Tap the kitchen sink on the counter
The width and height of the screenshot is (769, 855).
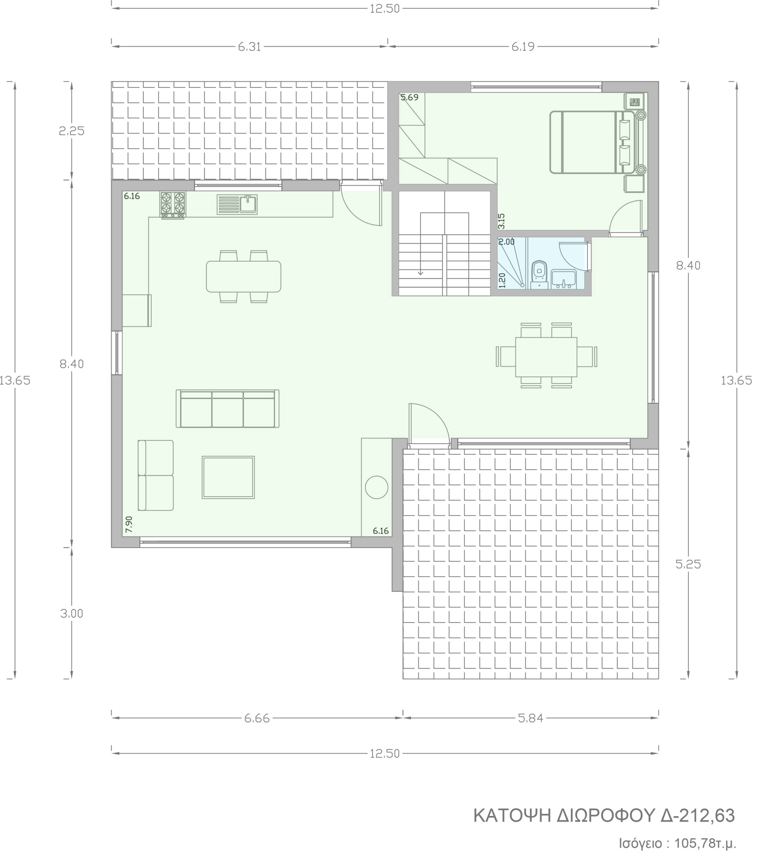237,204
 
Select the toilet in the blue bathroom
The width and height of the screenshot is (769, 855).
539,274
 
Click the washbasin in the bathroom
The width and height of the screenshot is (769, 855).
563,279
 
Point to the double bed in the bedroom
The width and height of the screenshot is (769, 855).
592,142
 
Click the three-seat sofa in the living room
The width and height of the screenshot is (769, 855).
228,408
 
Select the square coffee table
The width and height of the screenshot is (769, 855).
228,477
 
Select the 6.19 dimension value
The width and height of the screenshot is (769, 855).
523,46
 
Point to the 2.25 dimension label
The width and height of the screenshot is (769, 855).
72,131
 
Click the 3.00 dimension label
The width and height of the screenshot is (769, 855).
72,614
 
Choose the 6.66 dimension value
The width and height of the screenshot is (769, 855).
257,718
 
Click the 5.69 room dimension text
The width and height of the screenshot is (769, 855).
410,97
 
